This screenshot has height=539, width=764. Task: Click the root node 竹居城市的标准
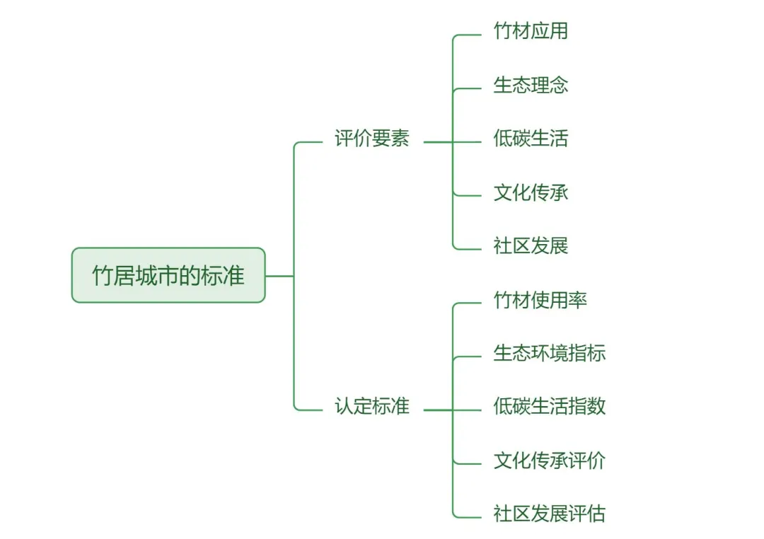coord(168,275)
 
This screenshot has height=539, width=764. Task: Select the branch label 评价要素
coord(371,139)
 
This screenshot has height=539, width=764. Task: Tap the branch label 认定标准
coord(371,407)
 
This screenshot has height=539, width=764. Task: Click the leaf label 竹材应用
coord(531,31)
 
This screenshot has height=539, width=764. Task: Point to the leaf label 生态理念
coord(531,85)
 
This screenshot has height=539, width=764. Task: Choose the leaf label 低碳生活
coord(531,139)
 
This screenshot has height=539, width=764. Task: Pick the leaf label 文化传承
coord(531,192)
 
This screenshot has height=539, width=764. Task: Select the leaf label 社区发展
coord(531,246)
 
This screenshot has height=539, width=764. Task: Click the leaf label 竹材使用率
coord(540,300)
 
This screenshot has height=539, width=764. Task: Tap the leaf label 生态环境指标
coord(549,353)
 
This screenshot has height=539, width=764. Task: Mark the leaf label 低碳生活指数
coord(549,407)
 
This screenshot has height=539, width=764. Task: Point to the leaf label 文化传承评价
coord(549,460)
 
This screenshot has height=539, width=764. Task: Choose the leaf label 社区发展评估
coord(549,514)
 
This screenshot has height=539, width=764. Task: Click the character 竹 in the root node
coord(103,276)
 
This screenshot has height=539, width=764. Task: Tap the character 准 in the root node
coord(234,276)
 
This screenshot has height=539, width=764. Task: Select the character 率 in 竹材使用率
coord(577,300)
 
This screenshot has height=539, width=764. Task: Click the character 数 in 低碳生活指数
coord(596,407)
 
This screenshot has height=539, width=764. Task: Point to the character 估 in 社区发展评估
coord(596,514)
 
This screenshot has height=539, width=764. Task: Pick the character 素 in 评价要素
coord(400,139)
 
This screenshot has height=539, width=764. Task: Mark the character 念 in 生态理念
coord(559,85)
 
